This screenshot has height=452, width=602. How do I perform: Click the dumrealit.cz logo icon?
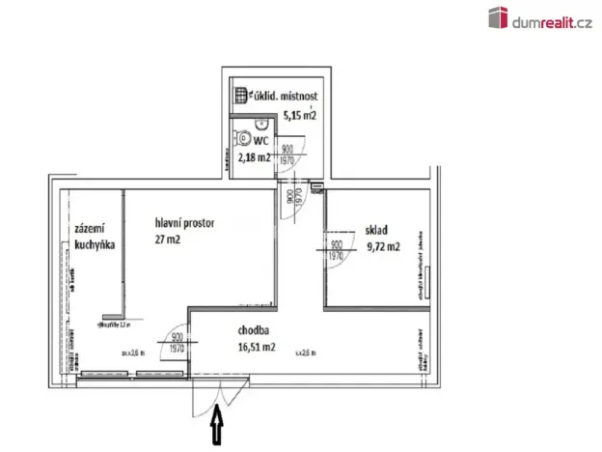coord(499,17)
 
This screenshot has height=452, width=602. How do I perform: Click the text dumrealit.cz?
coord(552,18)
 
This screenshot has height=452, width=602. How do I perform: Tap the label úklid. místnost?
coord(287,96)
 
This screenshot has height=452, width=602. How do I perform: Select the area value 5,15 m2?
coord(300,116)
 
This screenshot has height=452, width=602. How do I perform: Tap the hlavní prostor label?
coord(184,223)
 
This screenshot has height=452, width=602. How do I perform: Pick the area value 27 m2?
coord(168,241)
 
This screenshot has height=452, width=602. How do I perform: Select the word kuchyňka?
coord(95,245)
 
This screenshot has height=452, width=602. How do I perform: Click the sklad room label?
coord(375,231)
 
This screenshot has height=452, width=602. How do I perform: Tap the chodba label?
coord(228,329)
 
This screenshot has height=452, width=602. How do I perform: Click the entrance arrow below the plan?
coord(218,425)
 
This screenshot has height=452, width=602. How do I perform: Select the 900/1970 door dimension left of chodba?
coord(178,343)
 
